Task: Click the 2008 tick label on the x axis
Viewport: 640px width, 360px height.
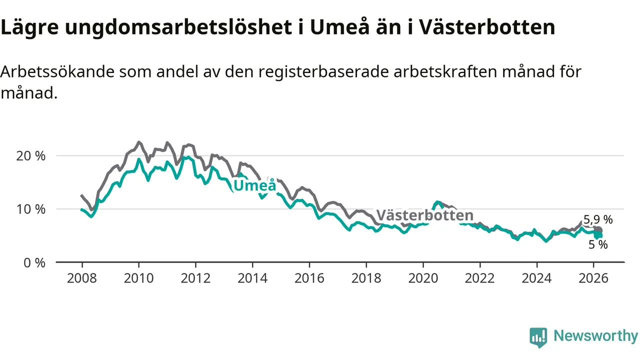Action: click(81, 278)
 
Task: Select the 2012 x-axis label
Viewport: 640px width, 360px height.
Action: click(195, 278)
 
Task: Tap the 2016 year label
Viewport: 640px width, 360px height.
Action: click(309, 278)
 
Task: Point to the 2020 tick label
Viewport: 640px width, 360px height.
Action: click(423, 278)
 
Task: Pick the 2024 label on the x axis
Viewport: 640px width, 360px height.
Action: click(536, 278)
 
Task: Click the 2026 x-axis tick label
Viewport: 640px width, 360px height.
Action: click(593, 278)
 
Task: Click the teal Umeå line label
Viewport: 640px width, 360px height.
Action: click(255, 186)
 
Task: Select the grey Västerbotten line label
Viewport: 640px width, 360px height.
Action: click(424, 215)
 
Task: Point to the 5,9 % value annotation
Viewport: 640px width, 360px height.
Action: click(598, 219)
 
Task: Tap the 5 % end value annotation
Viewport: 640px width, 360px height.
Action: click(597, 244)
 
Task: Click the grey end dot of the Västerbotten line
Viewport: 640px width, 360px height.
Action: click(598, 230)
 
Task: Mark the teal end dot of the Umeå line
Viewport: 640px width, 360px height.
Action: click(598, 235)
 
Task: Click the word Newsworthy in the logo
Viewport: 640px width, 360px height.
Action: click(595, 336)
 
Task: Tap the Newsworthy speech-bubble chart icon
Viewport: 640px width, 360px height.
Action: click(538, 337)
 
